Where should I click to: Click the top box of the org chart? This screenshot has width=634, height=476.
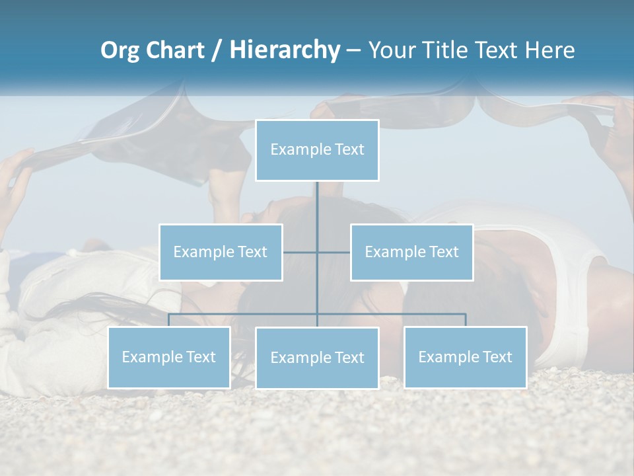[x=317, y=150]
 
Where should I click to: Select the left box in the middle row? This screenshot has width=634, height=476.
[x=221, y=252]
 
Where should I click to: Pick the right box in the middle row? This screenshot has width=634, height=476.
[x=411, y=252]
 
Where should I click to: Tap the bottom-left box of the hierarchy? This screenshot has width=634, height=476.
[x=169, y=357]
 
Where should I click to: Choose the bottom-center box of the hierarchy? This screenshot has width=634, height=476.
[x=317, y=358]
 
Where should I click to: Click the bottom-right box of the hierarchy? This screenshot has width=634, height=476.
[x=466, y=357]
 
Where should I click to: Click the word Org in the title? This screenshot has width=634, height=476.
[x=120, y=50]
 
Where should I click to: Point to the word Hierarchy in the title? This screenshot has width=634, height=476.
[x=285, y=50]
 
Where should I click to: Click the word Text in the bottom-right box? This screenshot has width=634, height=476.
[x=497, y=357]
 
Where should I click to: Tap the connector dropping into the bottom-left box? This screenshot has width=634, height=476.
[x=169, y=320]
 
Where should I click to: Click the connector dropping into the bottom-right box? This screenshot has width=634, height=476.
[x=466, y=320]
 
